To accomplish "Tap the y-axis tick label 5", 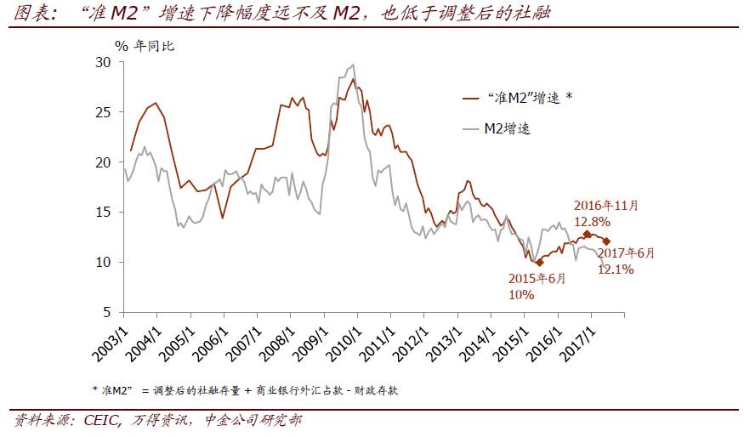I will point(106,312).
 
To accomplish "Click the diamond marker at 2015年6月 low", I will point(539,263).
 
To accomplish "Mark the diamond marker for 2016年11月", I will point(587,234).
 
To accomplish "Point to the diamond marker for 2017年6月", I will point(606,241).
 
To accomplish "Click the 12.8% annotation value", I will point(592,220).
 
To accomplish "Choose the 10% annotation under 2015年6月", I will point(521,294).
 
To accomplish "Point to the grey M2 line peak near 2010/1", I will point(352,65).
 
